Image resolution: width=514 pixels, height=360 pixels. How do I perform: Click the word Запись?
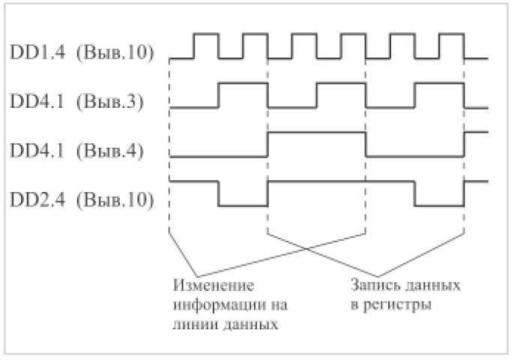[x=373, y=286]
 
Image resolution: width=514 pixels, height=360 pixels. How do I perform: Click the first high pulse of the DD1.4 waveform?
[x=205, y=34]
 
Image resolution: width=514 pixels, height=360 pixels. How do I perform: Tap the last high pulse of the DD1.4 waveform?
[x=452, y=34]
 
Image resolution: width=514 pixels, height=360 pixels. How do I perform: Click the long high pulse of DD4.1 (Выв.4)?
[x=316, y=133]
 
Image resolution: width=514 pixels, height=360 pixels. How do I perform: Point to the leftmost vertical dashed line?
[x=170, y=150]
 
